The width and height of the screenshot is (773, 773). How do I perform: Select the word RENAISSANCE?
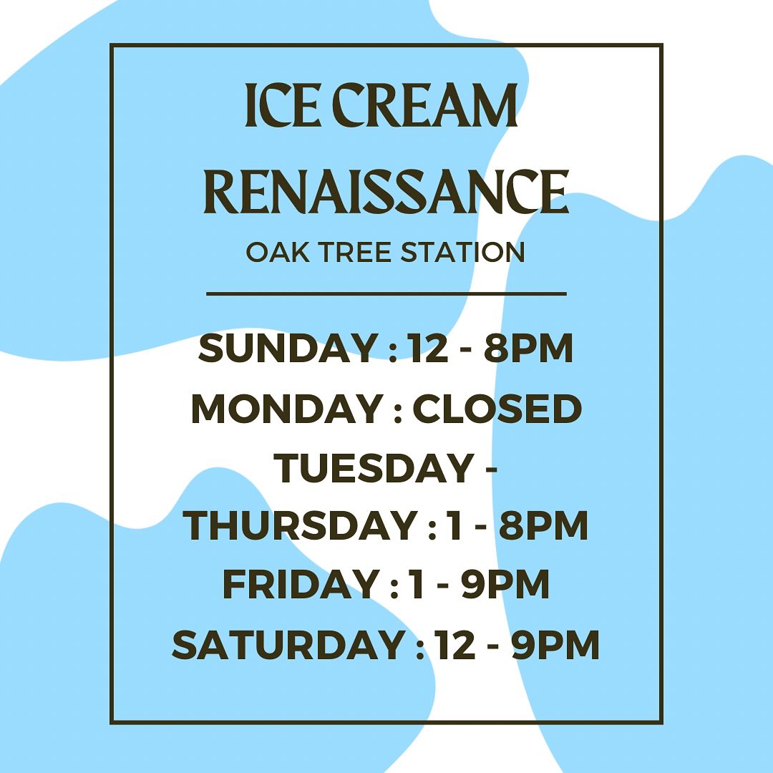pyautogui.click(x=386, y=191)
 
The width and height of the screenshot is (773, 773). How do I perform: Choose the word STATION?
pyautogui.click(x=462, y=252)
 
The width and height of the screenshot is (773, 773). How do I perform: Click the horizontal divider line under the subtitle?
pyautogui.click(x=386, y=294)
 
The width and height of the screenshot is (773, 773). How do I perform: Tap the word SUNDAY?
pyautogui.click(x=288, y=348)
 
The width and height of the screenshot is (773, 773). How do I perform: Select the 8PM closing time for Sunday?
pyautogui.click(x=528, y=348)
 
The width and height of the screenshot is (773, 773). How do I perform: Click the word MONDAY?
pyautogui.click(x=288, y=408)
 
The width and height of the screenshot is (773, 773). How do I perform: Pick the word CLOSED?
pyautogui.click(x=497, y=408)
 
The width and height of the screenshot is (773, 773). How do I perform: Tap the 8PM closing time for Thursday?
pyautogui.click(x=543, y=525)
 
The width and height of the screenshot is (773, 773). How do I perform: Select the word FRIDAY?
pyautogui.click(x=301, y=584)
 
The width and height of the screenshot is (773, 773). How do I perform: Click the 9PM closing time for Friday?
pyautogui.click(x=505, y=584)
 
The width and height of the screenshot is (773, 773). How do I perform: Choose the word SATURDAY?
pyautogui.click(x=288, y=644)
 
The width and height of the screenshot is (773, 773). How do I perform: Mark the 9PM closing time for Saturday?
pyautogui.click(x=555, y=644)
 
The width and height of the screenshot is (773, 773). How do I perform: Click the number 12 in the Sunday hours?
pyautogui.click(x=429, y=348)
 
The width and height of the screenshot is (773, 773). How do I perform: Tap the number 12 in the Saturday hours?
pyautogui.click(x=455, y=644)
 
